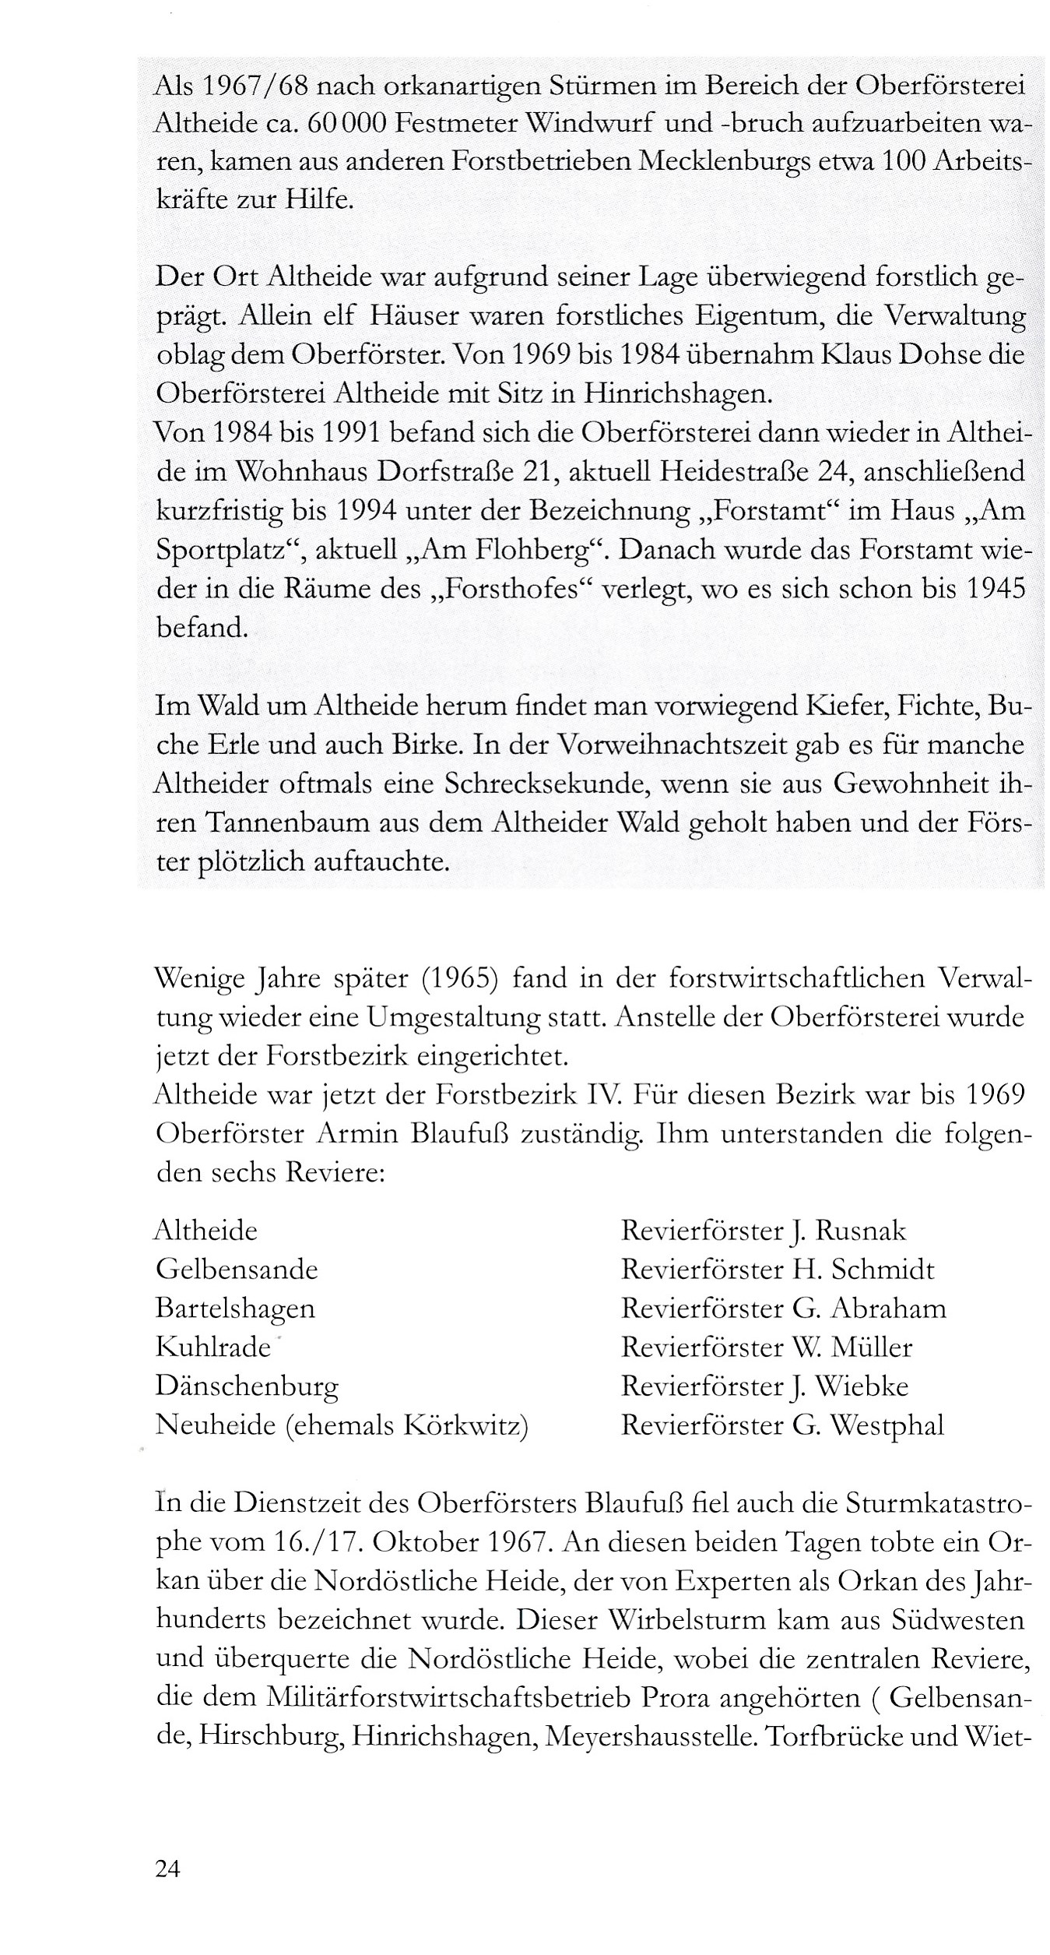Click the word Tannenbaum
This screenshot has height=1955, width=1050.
(x=279, y=823)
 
